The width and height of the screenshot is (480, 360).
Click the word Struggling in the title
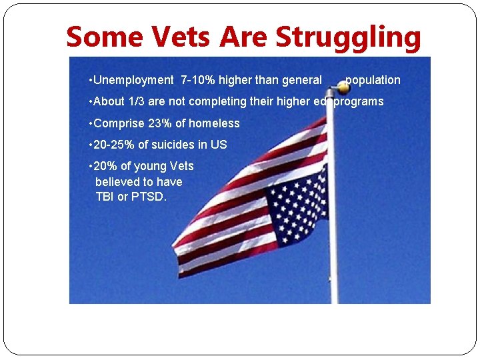click(348, 38)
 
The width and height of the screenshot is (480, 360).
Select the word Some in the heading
click(104, 38)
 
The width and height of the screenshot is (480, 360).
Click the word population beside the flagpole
click(373, 80)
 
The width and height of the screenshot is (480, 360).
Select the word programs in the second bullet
click(359, 101)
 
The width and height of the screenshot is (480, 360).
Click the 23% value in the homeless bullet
click(161, 123)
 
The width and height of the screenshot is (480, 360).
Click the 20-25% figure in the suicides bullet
click(115, 145)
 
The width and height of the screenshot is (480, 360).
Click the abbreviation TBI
click(105, 197)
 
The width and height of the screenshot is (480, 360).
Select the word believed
click(117, 181)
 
